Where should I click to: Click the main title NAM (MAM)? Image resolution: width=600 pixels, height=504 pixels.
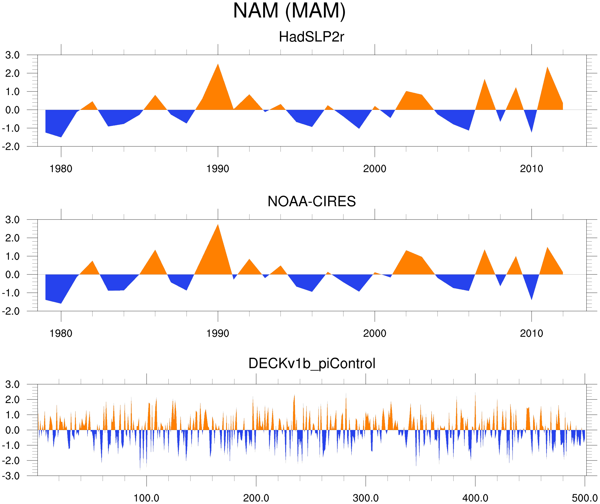pyautogui.click(x=289, y=11)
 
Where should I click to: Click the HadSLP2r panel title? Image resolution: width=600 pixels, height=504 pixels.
pyautogui.click(x=311, y=37)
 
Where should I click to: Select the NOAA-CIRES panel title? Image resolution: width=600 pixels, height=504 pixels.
pyautogui.click(x=311, y=201)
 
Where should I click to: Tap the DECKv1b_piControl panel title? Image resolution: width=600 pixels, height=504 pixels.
pyautogui.click(x=312, y=364)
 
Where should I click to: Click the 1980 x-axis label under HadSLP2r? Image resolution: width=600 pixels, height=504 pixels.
pyautogui.click(x=61, y=169)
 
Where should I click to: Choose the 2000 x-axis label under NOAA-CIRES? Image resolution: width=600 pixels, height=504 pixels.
pyautogui.click(x=374, y=333)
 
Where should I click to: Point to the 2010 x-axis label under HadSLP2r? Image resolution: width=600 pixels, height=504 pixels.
pyautogui.click(x=531, y=169)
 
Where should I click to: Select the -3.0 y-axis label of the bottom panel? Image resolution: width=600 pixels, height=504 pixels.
pyautogui.click(x=11, y=476)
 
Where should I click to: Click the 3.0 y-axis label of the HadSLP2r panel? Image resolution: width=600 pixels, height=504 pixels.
pyautogui.click(x=12, y=55)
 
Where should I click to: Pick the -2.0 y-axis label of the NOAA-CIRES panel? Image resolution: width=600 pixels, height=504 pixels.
pyautogui.click(x=11, y=311)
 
